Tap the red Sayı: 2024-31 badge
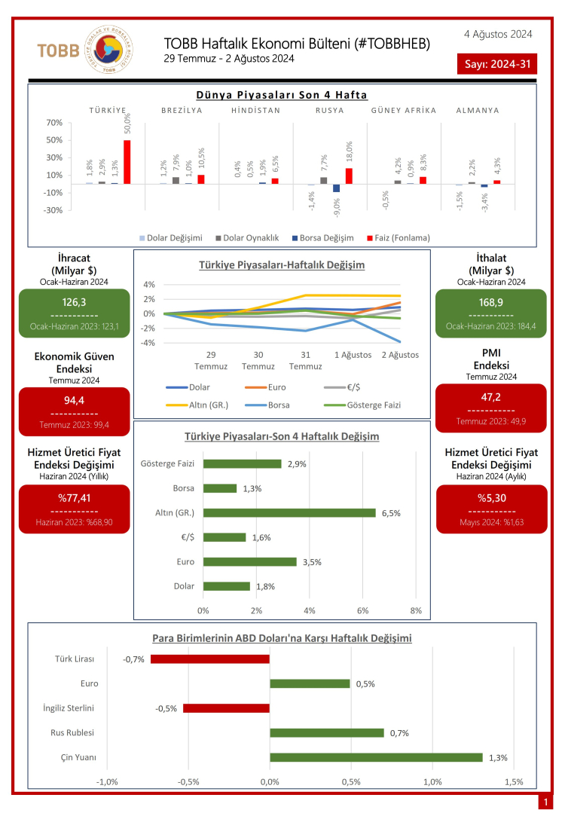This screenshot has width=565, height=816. [x=497, y=63]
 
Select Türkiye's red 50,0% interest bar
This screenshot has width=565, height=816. [x=127, y=161]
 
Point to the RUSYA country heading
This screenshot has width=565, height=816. [x=329, y=110]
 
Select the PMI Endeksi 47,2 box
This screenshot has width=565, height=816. [x=490, y=408]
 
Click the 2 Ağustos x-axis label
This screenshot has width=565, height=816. [x=399, y=355]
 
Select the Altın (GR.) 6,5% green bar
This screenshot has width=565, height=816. [x=289, y=512]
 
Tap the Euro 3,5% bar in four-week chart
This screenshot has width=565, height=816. [x=250, y=561]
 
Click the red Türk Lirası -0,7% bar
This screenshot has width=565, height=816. [x=210, y=659]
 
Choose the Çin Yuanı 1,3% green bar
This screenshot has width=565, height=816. [x=376, y=757]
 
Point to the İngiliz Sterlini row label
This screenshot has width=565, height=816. [x=69, y=708]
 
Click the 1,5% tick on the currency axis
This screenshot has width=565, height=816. [x=513, y=781]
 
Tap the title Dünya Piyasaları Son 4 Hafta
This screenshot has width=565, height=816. [x=282, y=95]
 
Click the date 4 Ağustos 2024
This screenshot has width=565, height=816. [x=498, y=34]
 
